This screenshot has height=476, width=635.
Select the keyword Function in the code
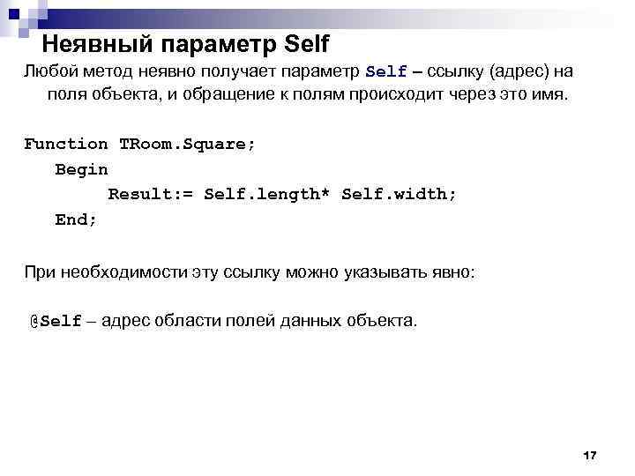65,144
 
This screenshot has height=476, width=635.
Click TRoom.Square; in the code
187,144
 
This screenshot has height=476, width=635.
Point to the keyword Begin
81,169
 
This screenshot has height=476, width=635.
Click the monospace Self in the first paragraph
385,71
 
